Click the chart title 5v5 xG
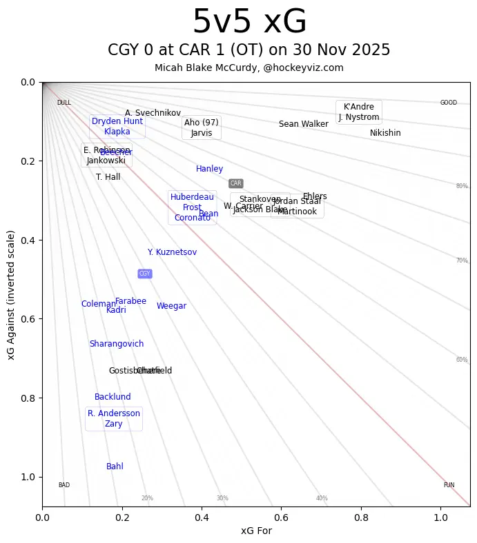click(x=249, y=22)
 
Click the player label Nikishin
click(x=385, y=133)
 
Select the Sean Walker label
click(x=304, y=124)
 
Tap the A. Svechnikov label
click(x=153, y=113)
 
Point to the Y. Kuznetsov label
click(x=172, y=252)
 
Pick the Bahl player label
click(x=115, y=467)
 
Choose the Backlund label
click(x=113, y=397)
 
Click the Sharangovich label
click(x=117, y=344)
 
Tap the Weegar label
click(x=171, y=306)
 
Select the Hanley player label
click(x=209, y=169)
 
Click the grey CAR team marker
click(x=236, y=183)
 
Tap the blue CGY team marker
click(x=144, y=274)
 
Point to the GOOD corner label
click(x=449, y=103)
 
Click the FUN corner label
click(x=449, y=485)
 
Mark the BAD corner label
click(x=64, y=485)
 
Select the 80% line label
click(x=462, y=186)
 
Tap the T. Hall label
click(x=108, y=177)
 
